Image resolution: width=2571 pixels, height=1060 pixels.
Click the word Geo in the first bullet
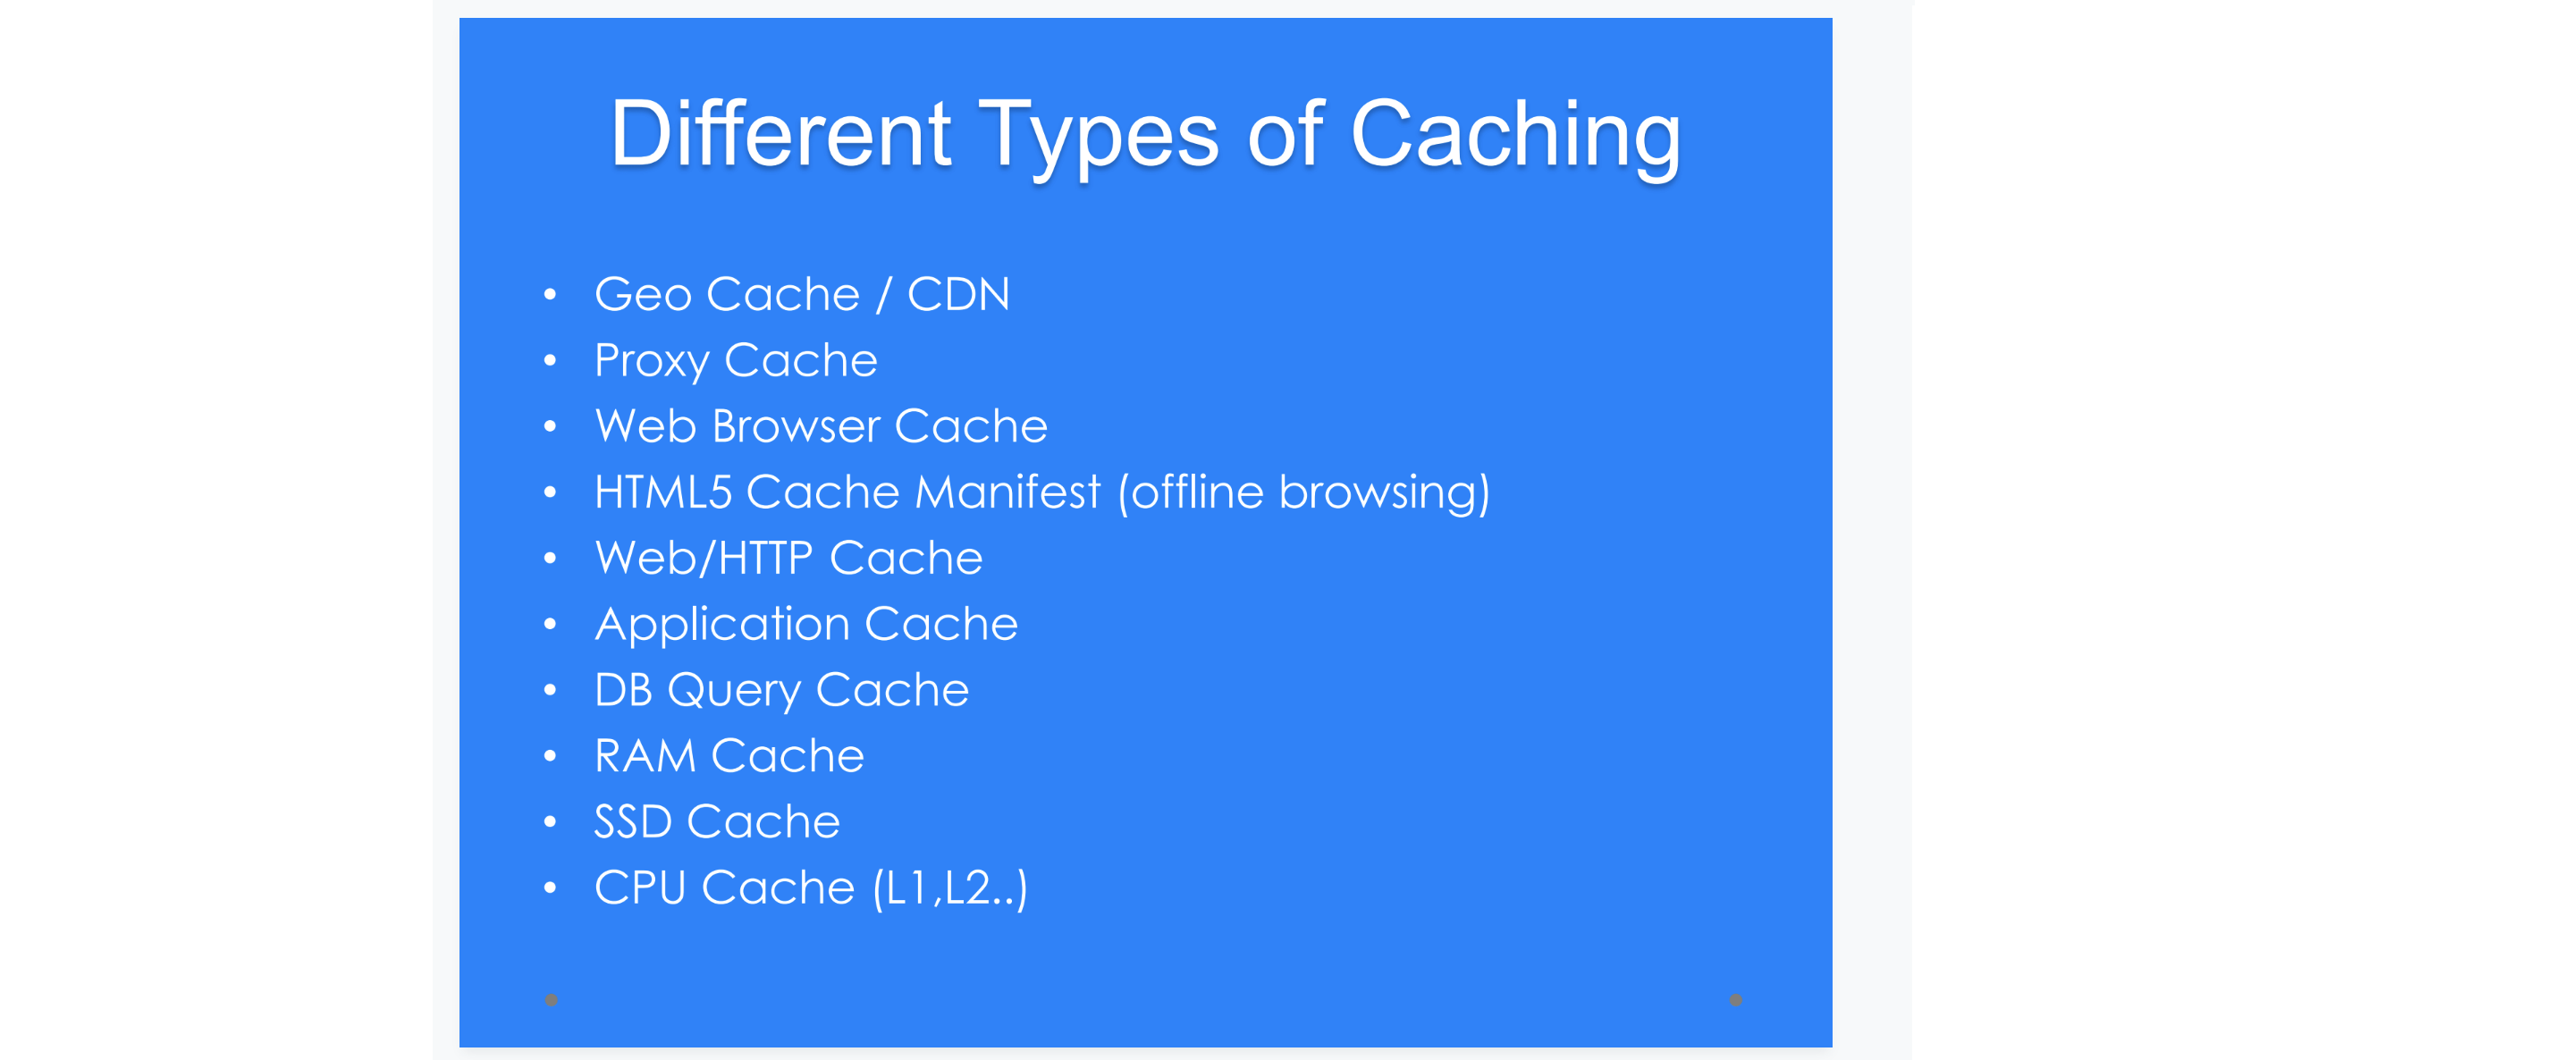(x=643, y=294)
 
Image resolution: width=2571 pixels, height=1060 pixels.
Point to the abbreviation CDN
(x=958, y=294)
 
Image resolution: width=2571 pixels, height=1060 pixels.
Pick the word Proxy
(x=652, y=361)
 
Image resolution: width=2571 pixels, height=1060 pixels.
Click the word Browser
(x=797, y=426)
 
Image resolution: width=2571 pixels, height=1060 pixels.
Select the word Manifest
(x=1008, y=492)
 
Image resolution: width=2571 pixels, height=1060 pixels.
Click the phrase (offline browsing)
(x=1303, y=493)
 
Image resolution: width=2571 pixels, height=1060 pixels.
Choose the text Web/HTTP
(x=704, y=558)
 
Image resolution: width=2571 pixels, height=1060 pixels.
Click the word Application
(x=721, y=626)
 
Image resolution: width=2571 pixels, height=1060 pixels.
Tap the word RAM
(x=645, y=755)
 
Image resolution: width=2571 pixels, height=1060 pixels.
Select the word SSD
(x=633, y=821)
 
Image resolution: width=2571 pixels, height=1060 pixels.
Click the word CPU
(x=640, y=888)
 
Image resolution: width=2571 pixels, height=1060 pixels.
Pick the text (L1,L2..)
(x=950, y=888)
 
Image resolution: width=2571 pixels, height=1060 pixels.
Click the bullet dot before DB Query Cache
(x=550, y=690)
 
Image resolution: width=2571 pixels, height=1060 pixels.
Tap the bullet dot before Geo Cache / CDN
(x=550, y=294)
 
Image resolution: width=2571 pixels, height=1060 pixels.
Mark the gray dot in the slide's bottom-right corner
(x=1736, y=999)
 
